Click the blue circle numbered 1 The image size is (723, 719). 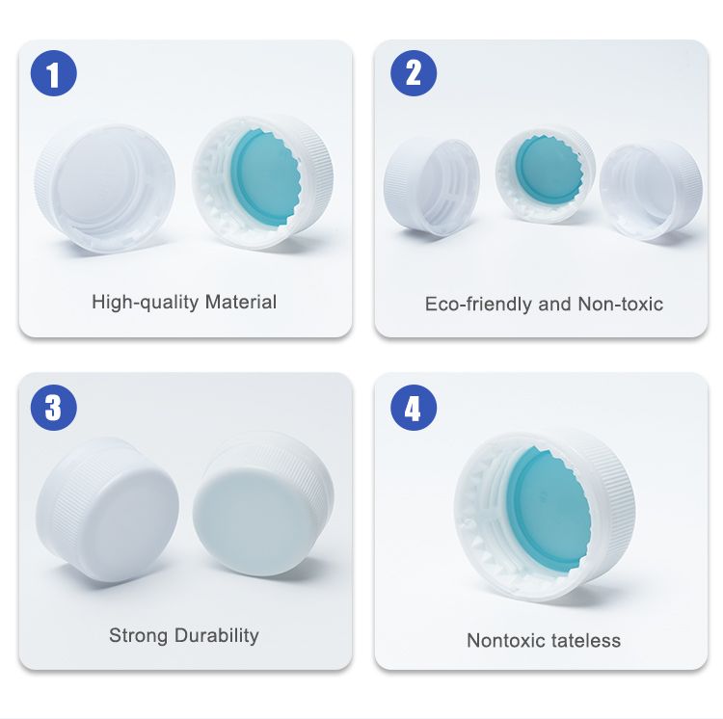(53, 73)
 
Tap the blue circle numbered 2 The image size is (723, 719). (414, 73)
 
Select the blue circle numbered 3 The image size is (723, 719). (53, 408)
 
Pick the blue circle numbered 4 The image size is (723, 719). (414, 408)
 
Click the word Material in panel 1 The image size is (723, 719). (241, 303)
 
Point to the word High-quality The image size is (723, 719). (146, 303)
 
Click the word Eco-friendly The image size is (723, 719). (478, 305)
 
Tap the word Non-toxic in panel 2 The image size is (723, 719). (621, 305)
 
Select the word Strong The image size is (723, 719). (138, 635)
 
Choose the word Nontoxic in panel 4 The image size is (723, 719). (506, 641)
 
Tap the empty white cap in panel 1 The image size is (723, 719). (105, 189)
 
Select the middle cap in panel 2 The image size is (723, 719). (546, 176)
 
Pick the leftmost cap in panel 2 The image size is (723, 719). (432, 187)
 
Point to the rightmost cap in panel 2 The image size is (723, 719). (651, 190)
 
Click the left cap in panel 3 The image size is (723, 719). (107, 510)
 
